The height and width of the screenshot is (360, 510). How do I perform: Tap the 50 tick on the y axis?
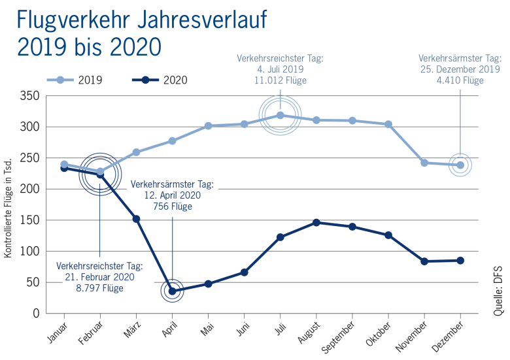pos(33,283)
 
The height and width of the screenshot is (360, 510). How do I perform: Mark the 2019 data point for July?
pos(280,115)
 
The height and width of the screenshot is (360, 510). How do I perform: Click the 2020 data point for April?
pos(172,291)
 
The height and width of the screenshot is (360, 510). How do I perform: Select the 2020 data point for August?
pos(316,222)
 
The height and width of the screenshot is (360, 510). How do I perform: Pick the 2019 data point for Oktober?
pos(388,124)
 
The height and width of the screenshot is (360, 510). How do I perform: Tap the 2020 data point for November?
pos(424,261)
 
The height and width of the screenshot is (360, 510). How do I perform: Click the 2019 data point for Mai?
pos(208,125)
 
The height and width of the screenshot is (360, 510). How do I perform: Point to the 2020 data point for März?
pos(136,219)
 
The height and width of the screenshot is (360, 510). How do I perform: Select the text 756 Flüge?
pos(173,207)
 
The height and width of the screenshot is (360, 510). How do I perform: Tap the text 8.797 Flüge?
pos(100,288)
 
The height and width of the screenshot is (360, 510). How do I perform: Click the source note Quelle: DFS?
pos(498,290)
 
